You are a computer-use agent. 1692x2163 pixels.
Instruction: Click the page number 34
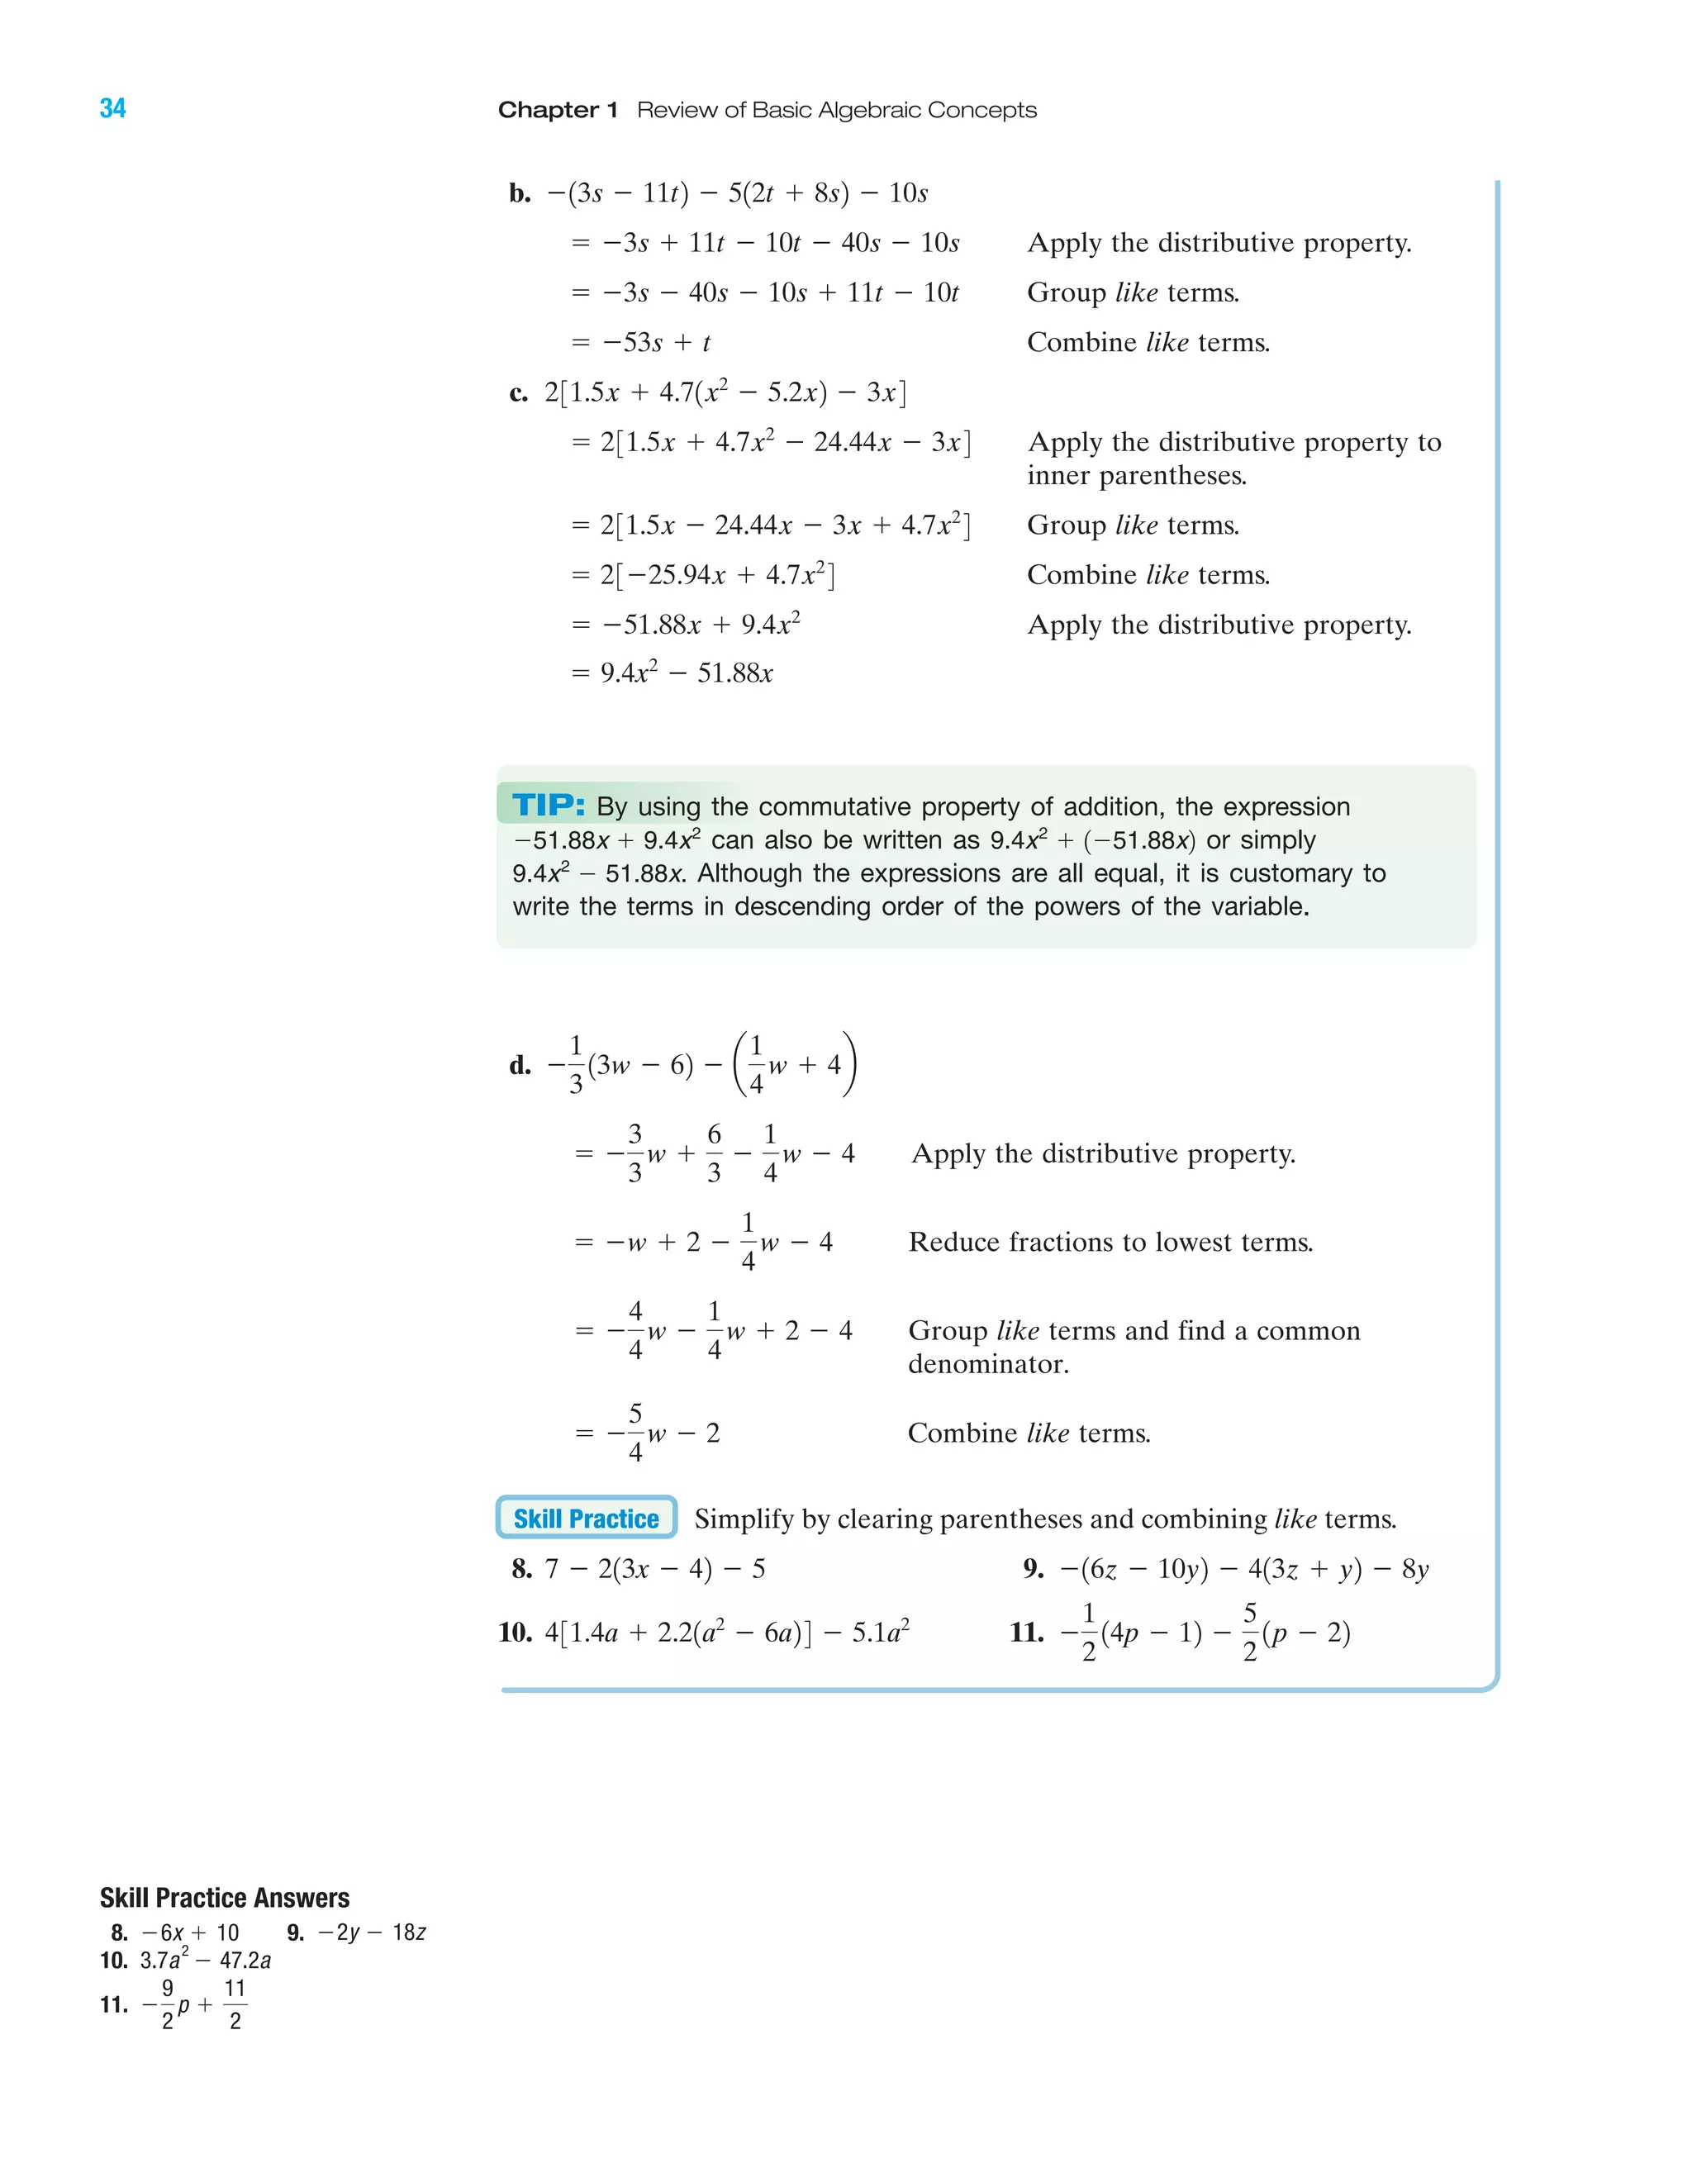pos(113,108)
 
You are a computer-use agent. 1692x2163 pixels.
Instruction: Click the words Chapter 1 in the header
pos(558,110)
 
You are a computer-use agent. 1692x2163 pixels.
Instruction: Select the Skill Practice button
pos(586,1519)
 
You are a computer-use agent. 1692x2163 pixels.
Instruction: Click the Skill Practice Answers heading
pos(225,1898)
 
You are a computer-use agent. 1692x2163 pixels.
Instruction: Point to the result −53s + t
pos(656,343)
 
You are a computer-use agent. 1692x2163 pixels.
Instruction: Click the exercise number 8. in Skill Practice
pos(522,1569)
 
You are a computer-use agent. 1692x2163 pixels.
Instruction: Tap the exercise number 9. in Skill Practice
pos(1034,1569)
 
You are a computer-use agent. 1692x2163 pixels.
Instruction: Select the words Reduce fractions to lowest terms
pos(1110,1242)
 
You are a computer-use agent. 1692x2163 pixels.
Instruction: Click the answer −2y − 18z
pos(372,1932)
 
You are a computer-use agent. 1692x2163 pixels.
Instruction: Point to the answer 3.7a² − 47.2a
pos(205,1960)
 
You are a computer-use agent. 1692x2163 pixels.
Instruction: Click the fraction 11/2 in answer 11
pos(235,2004)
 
